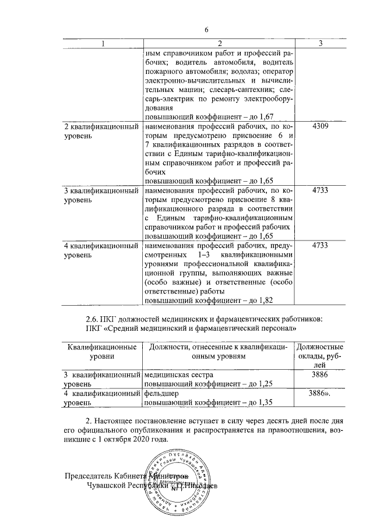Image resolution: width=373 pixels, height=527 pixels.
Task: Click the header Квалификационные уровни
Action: [102, 352]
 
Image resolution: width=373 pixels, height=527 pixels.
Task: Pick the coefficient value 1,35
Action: [265, 402]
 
